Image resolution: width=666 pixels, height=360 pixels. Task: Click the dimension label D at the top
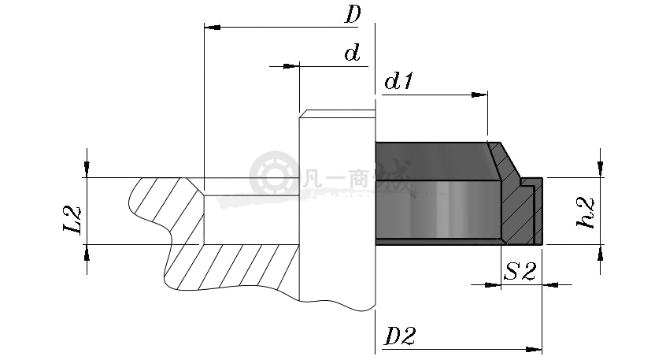(x=353, y=14)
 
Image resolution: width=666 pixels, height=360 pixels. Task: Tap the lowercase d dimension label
(x=352, y=53)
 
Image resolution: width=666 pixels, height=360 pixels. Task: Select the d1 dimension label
(x=398, y=81)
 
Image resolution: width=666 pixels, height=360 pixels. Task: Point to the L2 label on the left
(x=72, y=220)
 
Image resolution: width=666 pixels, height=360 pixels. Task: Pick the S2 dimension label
(x=520, y=272)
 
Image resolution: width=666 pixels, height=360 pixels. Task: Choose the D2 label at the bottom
(x=400, y=336)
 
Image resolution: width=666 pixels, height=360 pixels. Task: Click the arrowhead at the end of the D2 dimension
(x=534, y=350)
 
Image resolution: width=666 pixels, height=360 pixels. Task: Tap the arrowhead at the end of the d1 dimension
(x=479, y=95)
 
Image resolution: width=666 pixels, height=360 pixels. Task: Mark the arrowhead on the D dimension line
(x=213, y=28)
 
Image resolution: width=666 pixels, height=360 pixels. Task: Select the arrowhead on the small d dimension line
(x=291, y=66)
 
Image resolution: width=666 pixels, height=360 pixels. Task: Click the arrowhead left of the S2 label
(x=493, y=284)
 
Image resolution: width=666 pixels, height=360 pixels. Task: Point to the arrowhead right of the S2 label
(x=550, y=284)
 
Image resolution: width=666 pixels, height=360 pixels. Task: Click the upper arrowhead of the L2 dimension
(x=87, y=169)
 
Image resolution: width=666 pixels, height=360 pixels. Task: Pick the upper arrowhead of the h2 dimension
(x=600, y=169)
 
